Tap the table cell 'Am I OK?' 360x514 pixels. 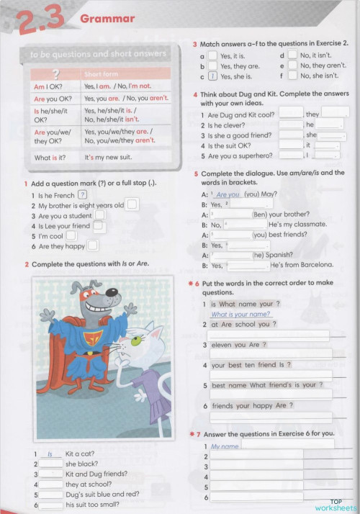[x=48, y=86]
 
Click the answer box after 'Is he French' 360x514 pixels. [x=83, y=194]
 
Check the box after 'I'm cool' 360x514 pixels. [x=72, y=235]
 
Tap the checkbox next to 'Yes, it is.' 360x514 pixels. [x=212, y=55]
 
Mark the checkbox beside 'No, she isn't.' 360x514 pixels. [x=292, y=76]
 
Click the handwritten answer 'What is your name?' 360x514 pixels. [x=240, y=314]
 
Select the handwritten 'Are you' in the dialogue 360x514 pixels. [x=228, y=194]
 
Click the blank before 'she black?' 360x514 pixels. [x=51, y=464]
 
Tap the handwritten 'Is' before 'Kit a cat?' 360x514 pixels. [x=50, y=454]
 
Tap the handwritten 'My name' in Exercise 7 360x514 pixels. [x=225, y=446]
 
